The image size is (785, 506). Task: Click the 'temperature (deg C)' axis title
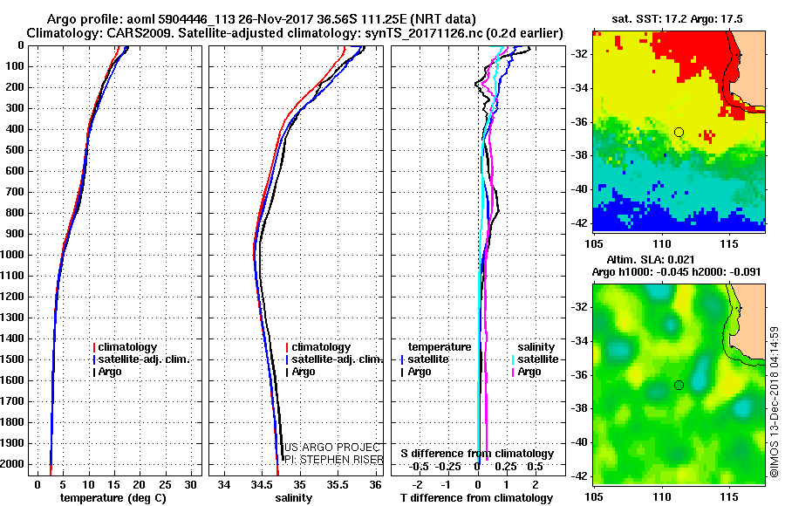pos(113,497)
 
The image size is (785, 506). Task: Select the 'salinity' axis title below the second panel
pos(293,497)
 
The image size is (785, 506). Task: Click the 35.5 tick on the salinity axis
pos(338,483)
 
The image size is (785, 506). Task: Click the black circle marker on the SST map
pos(679,132)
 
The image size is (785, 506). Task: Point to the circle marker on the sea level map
pos(679,385)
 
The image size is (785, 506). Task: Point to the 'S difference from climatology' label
pos(477,454)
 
